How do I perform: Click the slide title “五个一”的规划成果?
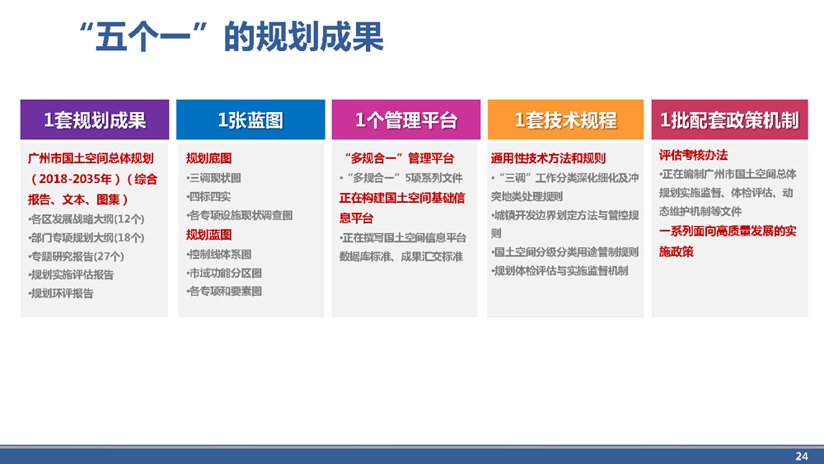coord(232,37)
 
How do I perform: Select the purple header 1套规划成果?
coord(95,120)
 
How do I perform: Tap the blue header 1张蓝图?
coord(250,120)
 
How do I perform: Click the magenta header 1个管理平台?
coord(406,120)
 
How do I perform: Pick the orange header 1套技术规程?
coord(565,120)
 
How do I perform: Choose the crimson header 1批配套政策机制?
coord(729,120)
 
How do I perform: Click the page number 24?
coord(802,456)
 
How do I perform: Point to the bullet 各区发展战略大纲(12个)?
coord(87,219)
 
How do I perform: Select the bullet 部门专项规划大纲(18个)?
coord(87,238)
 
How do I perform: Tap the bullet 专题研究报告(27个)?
coord(76,256)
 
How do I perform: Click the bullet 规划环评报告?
coord(61,293)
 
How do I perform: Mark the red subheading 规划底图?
coord(208,158)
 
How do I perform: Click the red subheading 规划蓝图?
coord(208,235)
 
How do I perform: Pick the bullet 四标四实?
coord(208,196)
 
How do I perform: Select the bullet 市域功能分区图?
coord(224,274)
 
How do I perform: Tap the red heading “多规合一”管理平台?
coord(398,158)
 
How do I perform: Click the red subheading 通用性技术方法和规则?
coord(548,158)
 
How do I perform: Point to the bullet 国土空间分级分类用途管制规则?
coord(565,252)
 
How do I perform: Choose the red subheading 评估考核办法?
coord(693,155)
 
